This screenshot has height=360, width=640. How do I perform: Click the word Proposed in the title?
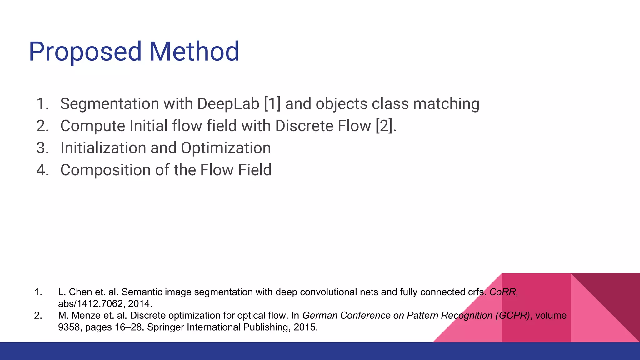click(85, 52)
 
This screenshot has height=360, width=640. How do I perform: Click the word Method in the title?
click(194, 51)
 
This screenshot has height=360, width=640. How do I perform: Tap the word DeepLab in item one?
click(228, 104)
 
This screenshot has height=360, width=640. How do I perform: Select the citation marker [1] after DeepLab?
click(272, 104)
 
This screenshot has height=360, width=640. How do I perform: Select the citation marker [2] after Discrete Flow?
click(384, 126)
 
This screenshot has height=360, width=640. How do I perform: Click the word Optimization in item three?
click(226, 148)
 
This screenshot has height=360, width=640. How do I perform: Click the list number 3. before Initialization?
click(42, 148)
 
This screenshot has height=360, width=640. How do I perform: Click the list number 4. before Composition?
click(42, 170)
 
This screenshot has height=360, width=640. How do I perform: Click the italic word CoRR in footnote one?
click(502, 292)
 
